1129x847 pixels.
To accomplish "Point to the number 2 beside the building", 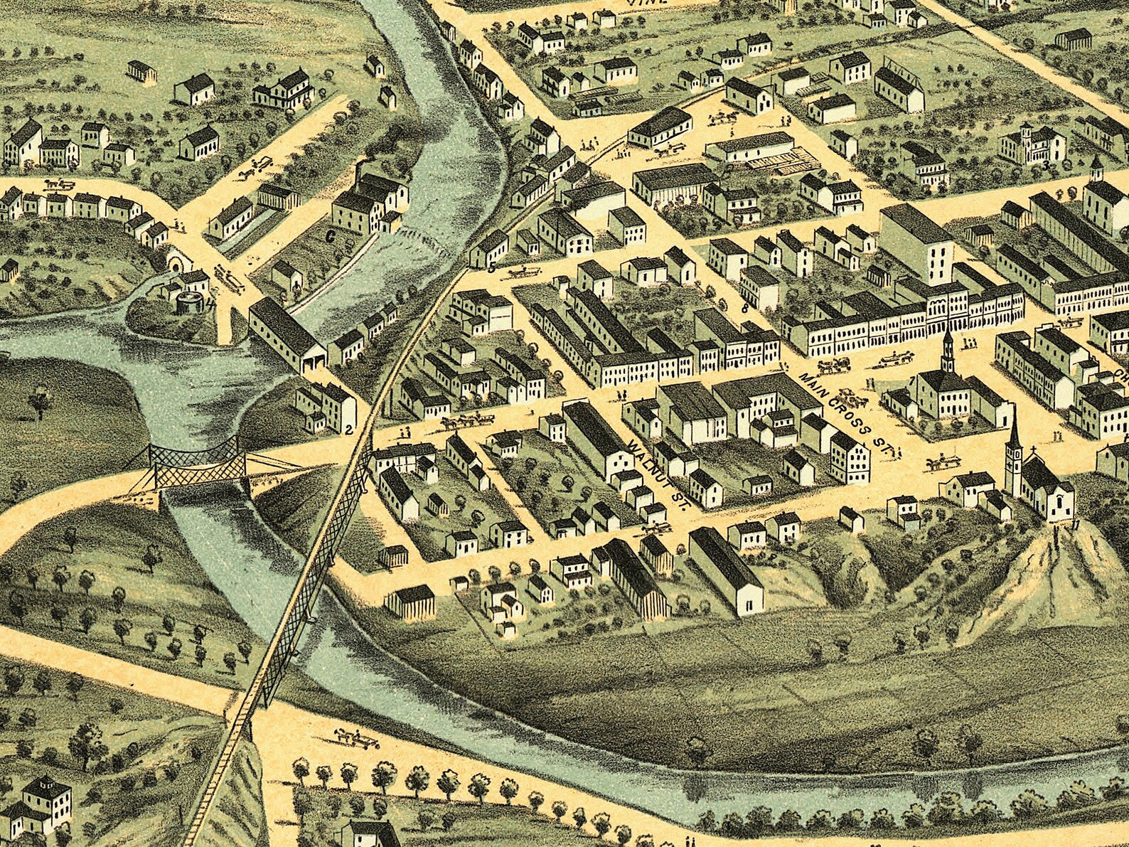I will point(348,430).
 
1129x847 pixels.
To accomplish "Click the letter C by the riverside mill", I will point(330,237).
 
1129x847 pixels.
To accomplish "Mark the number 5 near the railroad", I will point(491,268).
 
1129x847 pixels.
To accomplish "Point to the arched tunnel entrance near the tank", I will point(174,265).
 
